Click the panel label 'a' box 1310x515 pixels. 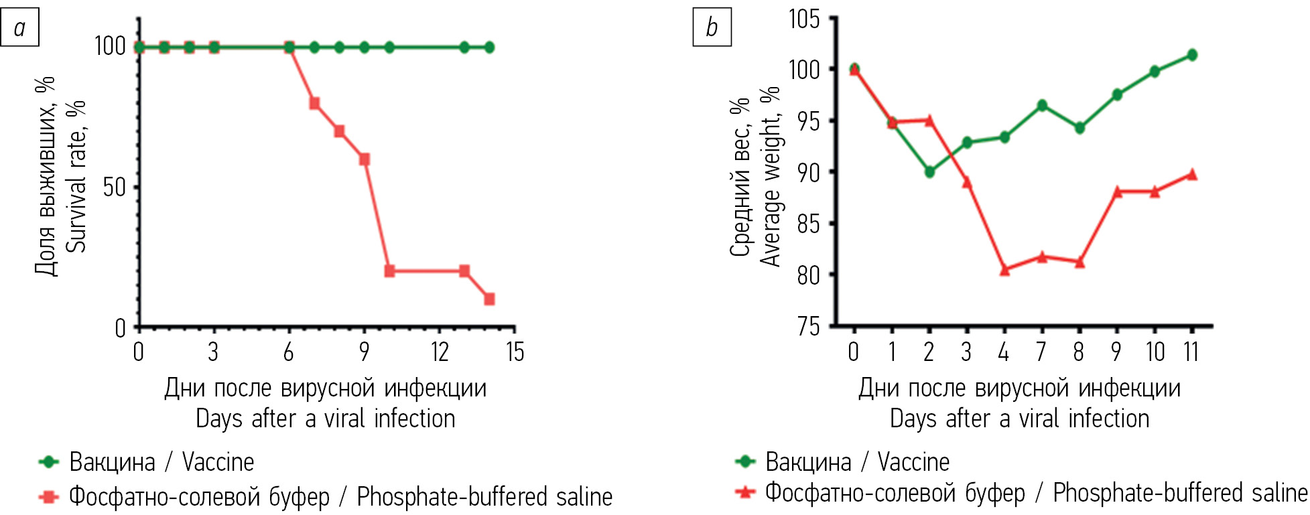click(x=19, y=27)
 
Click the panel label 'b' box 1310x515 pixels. click(x=712, y=27)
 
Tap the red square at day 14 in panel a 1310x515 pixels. click(x=489, y=299)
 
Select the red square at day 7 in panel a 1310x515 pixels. click(x=314, y=103)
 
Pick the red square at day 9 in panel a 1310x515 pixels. click(x=365, y=159)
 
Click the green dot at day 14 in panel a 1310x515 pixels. click(x=489, y=48)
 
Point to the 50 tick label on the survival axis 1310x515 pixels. click(x=114, y=187)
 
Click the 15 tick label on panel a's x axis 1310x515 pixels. click(x=515, y=352)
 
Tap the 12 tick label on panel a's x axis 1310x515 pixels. click(x=440, y=352)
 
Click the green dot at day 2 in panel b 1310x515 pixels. click(x=929, y=172)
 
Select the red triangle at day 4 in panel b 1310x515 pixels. click(x=1004, y=270)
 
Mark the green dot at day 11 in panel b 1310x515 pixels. click(x=1192, y=55)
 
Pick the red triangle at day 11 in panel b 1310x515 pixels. click(x=1192, y=174)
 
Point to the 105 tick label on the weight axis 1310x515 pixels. click(x=804, y=19)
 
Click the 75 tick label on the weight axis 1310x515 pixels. click(x=808, y=326)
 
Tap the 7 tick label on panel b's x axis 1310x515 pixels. click(x=1041, y=352)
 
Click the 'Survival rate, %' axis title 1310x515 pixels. click(x=76, y=176)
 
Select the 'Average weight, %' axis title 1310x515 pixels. click(x=771, y=176)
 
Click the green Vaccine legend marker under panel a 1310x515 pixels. click(x=49, y=461)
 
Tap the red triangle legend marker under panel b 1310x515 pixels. click(x=745, y=492)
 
